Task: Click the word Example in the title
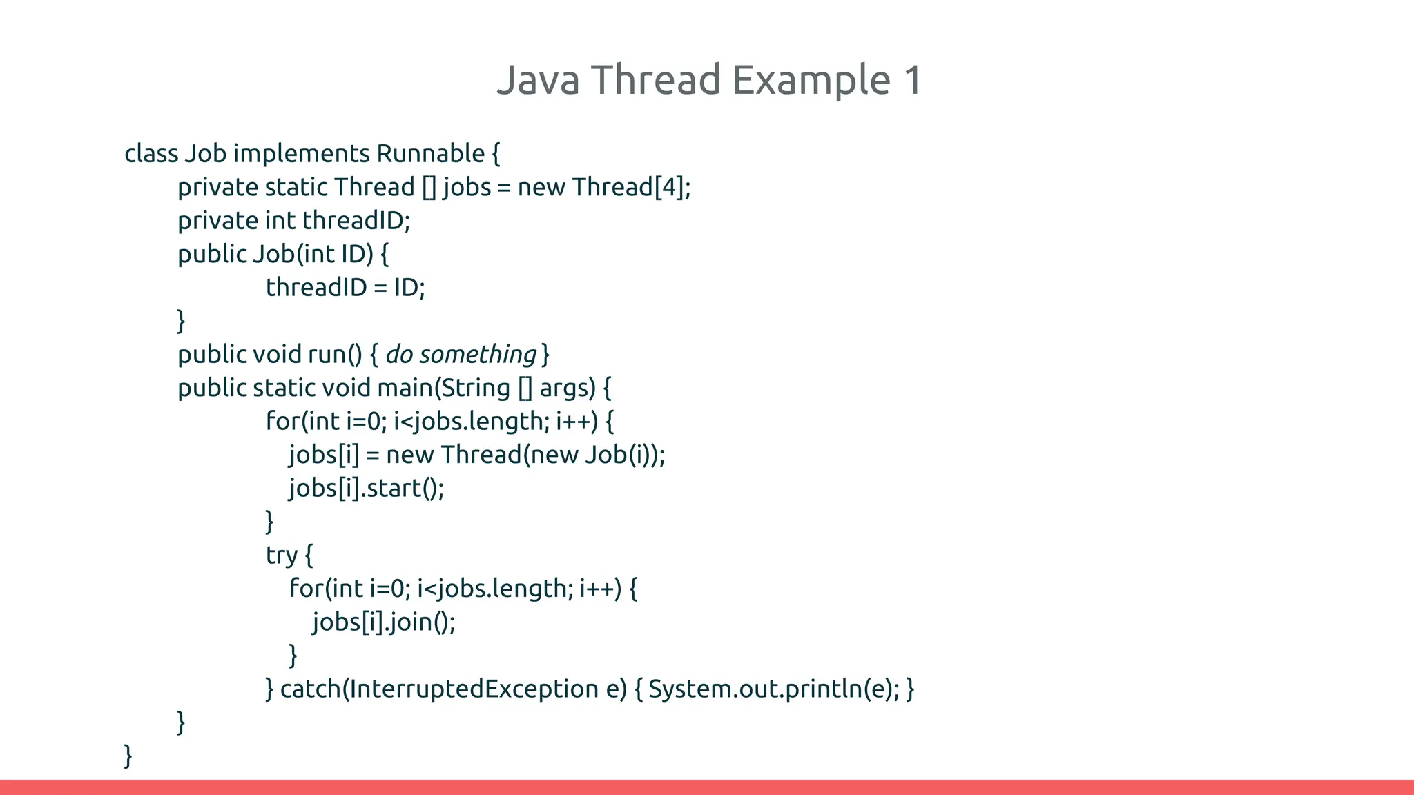click(811, 80)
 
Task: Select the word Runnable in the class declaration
click(430, 153)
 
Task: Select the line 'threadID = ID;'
click(345, 288)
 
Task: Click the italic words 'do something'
click(461, 355)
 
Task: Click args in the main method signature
click(566, 388)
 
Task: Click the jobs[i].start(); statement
click(366, 489)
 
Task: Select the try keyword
click(282, 556)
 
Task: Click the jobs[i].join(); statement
click(384, 622)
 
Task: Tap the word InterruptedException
click(474, 689)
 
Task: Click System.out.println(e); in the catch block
click(773, 689)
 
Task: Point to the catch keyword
click(310, 689)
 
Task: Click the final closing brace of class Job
click(128, 756)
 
